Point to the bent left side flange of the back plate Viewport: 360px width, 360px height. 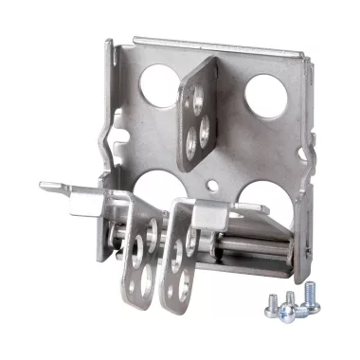[x=110, y=123]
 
